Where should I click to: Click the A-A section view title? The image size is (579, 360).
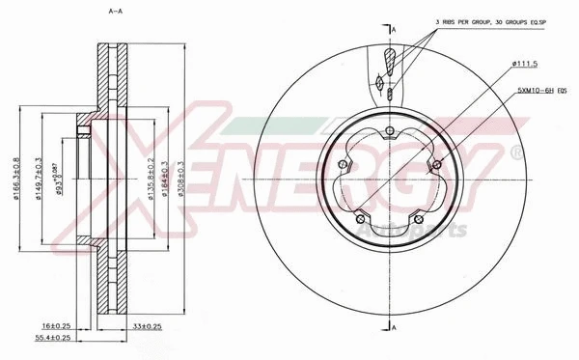116,12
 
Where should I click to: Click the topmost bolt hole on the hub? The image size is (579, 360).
388,132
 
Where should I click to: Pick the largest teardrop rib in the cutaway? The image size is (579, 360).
389,62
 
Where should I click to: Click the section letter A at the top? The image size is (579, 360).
395,30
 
